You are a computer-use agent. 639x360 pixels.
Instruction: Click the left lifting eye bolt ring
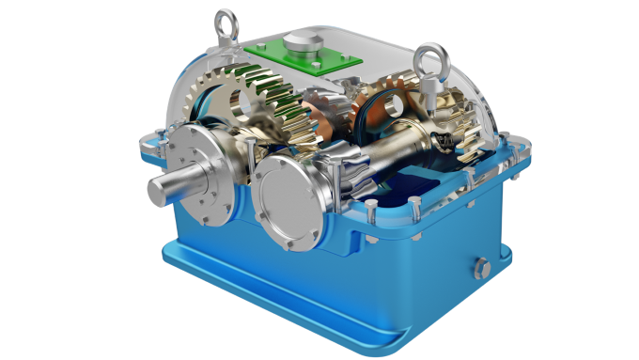226,20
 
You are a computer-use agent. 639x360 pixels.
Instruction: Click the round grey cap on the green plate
302,40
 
